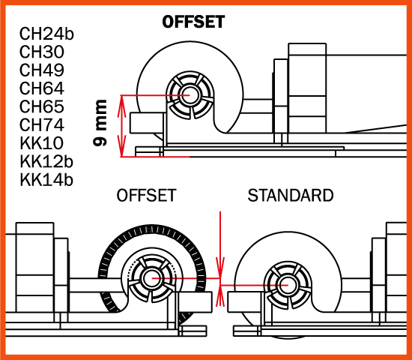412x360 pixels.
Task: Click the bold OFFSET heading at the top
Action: (193, 22)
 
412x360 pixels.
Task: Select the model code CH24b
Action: (46, 34)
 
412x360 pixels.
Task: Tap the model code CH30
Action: (42, 52)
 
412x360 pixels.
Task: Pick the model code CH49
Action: (42, 70)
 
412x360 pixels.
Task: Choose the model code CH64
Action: (42, 88)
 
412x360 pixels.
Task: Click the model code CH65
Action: (42, 106)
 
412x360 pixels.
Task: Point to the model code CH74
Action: (42, 124)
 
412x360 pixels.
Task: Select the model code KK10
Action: (41, 143)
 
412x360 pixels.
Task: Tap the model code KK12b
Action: (46, 161)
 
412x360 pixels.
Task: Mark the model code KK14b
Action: (46, 180)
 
